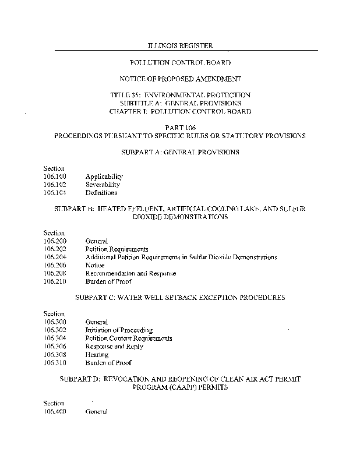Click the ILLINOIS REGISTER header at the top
coord(179,45)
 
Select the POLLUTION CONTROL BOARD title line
coord(179,62)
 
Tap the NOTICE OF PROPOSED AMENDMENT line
coord(179,78)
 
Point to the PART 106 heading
coord(179,127)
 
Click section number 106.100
coord(55,176)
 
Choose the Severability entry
coord(103,185)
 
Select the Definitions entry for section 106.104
coord(101,193)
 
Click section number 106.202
coord(55,249)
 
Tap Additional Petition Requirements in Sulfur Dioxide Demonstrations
coord(181,257)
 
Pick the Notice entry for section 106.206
coord(95,265)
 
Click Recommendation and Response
coord(130,273)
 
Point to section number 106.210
coord(55,281)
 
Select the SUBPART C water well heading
coord(180,298)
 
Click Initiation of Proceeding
coord(119,330)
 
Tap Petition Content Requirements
coord(129,338)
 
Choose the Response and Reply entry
coord(114,347)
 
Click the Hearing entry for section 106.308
coord(97,355)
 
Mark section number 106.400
coord(55,411)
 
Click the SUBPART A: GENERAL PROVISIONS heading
coord(179,152)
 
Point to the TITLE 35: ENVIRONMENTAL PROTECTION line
coord(179,95)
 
